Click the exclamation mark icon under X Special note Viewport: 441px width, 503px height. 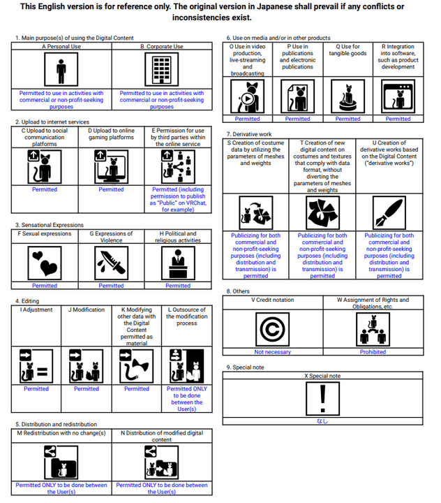(322, 398)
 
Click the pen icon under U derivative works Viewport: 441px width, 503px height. (389, 212)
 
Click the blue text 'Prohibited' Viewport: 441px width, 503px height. (373, 352)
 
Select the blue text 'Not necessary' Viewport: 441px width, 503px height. (272, 352)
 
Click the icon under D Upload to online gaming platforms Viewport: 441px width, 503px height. (111, 166)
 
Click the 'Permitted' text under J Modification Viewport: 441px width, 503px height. (87, 389)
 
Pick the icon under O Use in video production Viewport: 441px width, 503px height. (247, 96)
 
